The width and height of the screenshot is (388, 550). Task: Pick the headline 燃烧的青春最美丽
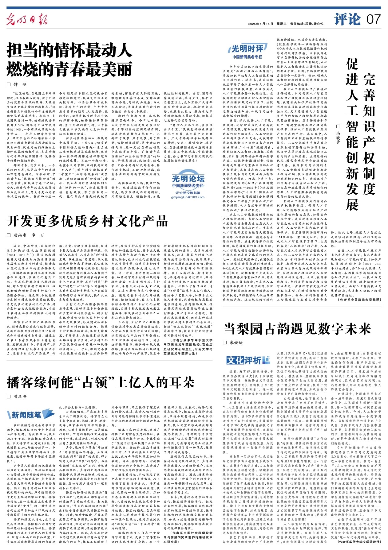point(69,69)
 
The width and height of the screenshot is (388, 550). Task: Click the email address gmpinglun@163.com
point(188,197)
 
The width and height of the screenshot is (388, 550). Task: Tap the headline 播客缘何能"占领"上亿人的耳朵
point(101,382)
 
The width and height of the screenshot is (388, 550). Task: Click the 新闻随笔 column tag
point(26,415)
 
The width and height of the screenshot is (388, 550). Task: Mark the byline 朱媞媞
point(236,343)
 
